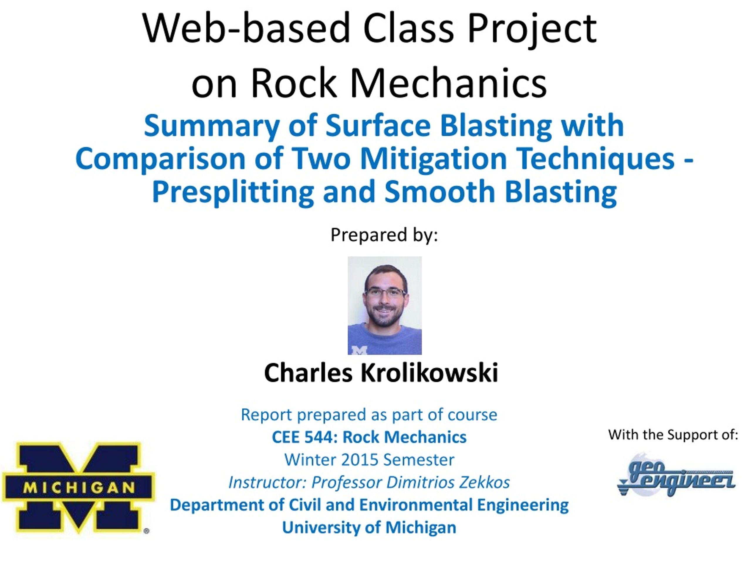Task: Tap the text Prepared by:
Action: (x=384, y=235)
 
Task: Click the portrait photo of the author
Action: (x=385, y=305)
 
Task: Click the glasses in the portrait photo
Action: (x=385, y=292)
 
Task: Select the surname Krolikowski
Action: (x=429, y=373)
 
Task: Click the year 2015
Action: (x=360, y=460)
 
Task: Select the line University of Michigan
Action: (x=369, y=528)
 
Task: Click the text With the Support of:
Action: (x=673, y=435)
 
